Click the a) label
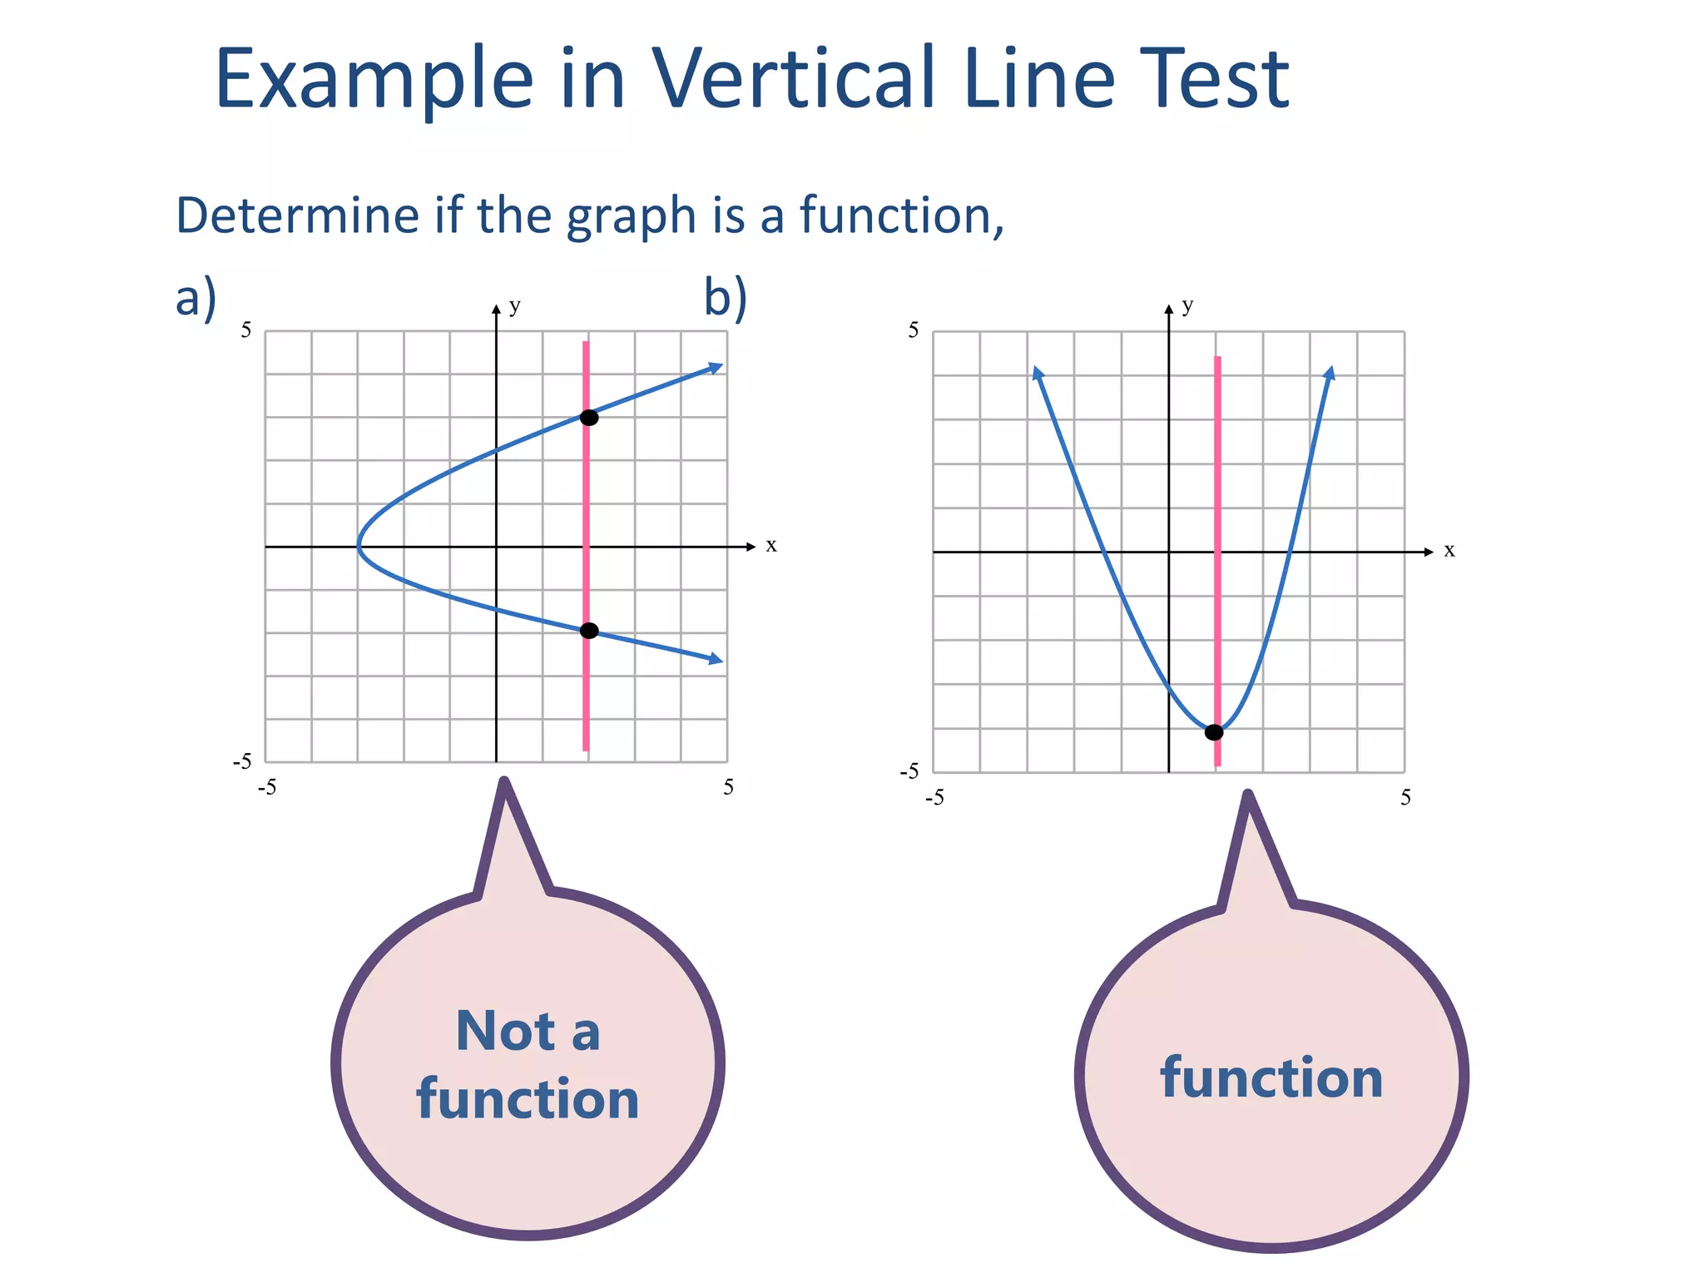click(196, 297)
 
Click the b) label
click(725, 297)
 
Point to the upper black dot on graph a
click(588, 418)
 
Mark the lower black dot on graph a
click(588, 631)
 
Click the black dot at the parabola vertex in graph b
click(1214, 733)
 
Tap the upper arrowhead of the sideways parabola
click(716, 367)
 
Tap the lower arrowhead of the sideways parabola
click(716, 661)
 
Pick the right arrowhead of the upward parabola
click(1330, 373)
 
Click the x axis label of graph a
click(771, 546)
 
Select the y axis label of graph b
click(1187, 305)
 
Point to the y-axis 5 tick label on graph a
click(246, 330)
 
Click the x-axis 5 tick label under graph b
click(1405, 798)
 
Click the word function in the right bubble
click(1271, 1078)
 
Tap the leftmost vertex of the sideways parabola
click(359, 547)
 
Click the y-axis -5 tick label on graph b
click(910, 771)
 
